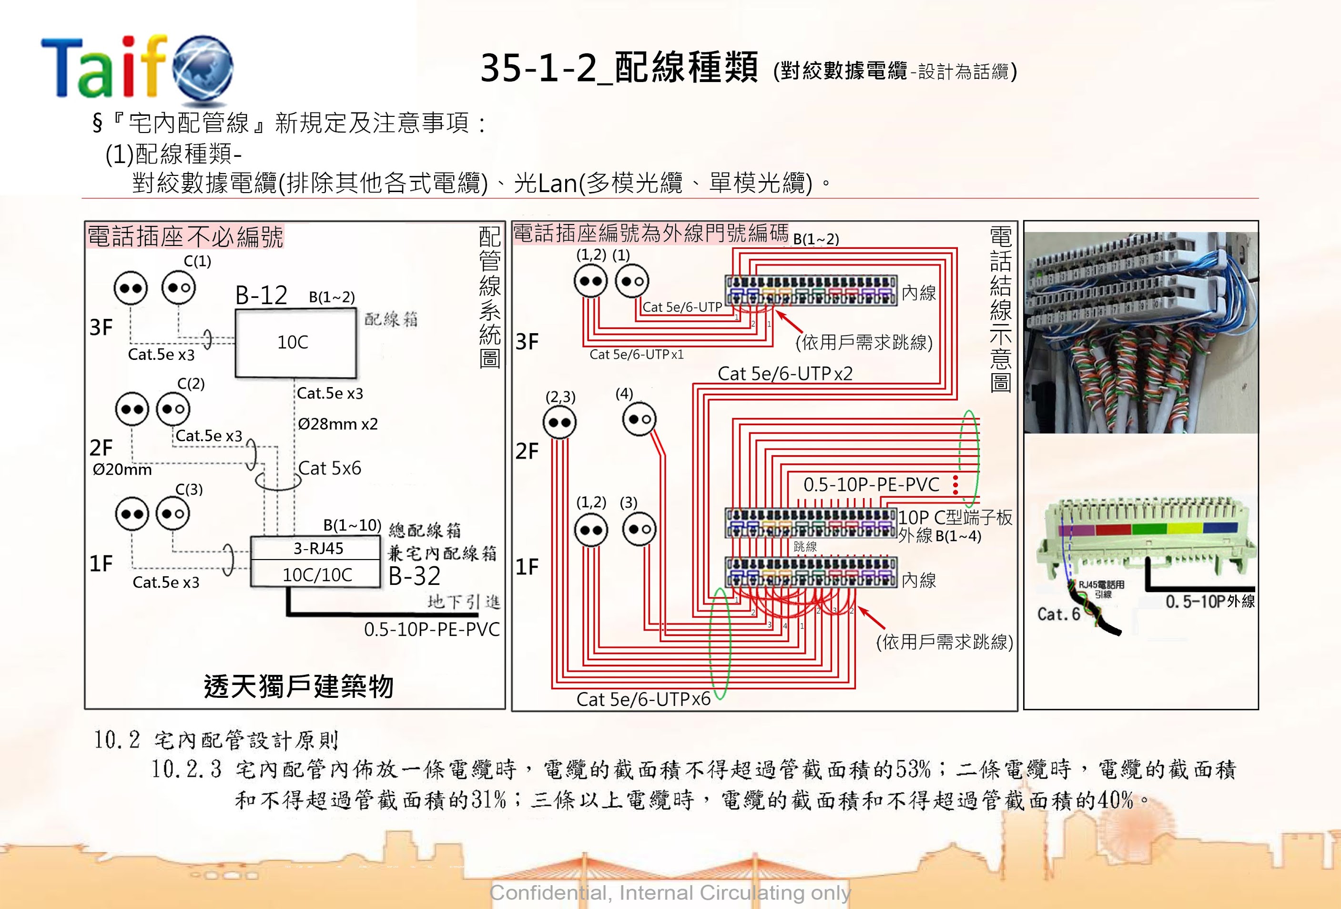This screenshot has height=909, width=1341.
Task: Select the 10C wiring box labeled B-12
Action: pyautogui.click(x=295, y=343)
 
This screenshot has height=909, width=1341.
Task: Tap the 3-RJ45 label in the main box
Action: pyautogui.click(x=318, y=548)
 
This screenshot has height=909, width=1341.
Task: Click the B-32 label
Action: pyautogui.click(x=414, y=576)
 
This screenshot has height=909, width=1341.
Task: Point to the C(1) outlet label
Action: pyautogui.click(x=197, y=261)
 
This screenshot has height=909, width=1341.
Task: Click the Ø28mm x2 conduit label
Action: pyautogui.click(x=337, y=424)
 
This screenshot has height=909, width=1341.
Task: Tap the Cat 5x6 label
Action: pyautogui.click(x=329, y=468)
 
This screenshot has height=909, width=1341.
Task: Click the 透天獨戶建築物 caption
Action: pyautogui.click(x=298, y=686)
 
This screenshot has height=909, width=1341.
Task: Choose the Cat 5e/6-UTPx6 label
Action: pyautogui.click(x=643, y=699)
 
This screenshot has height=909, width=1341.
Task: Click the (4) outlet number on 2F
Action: pyautogui.click(x=624, y=394)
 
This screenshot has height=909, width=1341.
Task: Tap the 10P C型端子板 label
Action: pyautogui.click(x=955, y=518)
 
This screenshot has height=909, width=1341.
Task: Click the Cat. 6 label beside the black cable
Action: pyautogui.click(x=1058, y=614)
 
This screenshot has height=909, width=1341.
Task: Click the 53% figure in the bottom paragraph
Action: pyautogui.click(x=914, y=769)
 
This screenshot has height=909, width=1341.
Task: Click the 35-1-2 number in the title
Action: pyautogui.click(x=538, y=68)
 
